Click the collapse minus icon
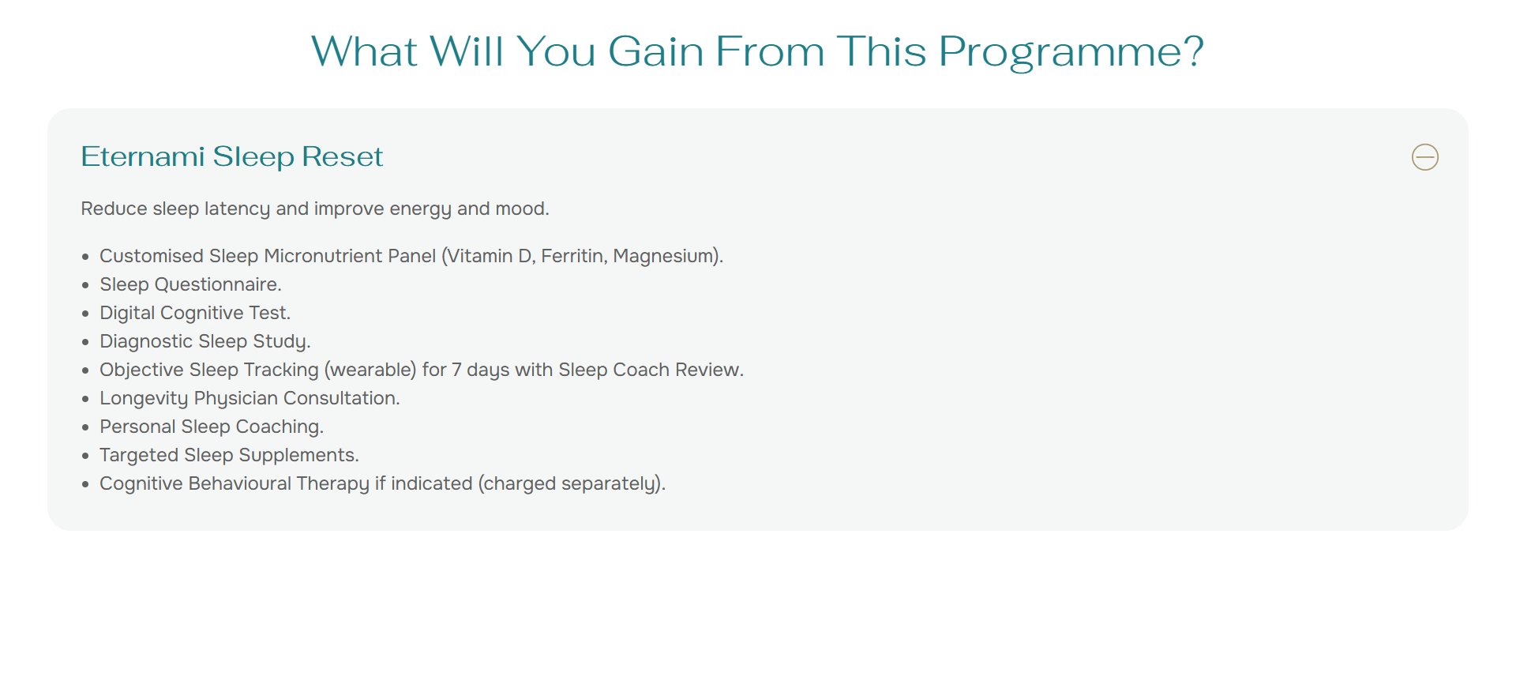[1424, 157]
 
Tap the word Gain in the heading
[656, 52]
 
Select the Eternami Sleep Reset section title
[231, 157]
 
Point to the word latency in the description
[237, 209]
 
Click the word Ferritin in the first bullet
[574, 256]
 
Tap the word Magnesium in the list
[664, 256]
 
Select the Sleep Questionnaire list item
[190, 284]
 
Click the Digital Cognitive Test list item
[195, 313]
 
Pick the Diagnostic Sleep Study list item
[205, 342]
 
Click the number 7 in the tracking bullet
[456, 370]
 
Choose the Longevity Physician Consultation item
[250, 399]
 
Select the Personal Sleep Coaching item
[212, 427]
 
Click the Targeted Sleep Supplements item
[229, 456]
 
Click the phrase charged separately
[570, 484]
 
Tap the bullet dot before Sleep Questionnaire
[85, 285]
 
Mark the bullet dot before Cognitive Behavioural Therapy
[85, 484]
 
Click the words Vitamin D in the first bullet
[491, 256]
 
